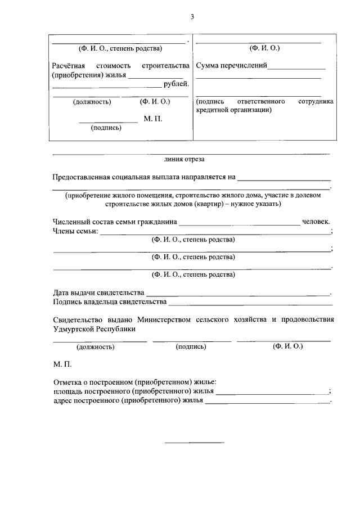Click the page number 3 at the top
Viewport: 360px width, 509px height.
[192, 17]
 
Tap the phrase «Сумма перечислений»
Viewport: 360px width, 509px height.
[231, 66]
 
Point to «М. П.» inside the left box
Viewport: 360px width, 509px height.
[153, 119]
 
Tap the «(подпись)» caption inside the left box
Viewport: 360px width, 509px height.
[106, 128]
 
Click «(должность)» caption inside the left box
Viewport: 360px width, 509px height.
[92, 102]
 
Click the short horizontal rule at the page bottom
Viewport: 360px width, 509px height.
[194, 442]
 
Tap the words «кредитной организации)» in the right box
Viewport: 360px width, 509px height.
[233, 110]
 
